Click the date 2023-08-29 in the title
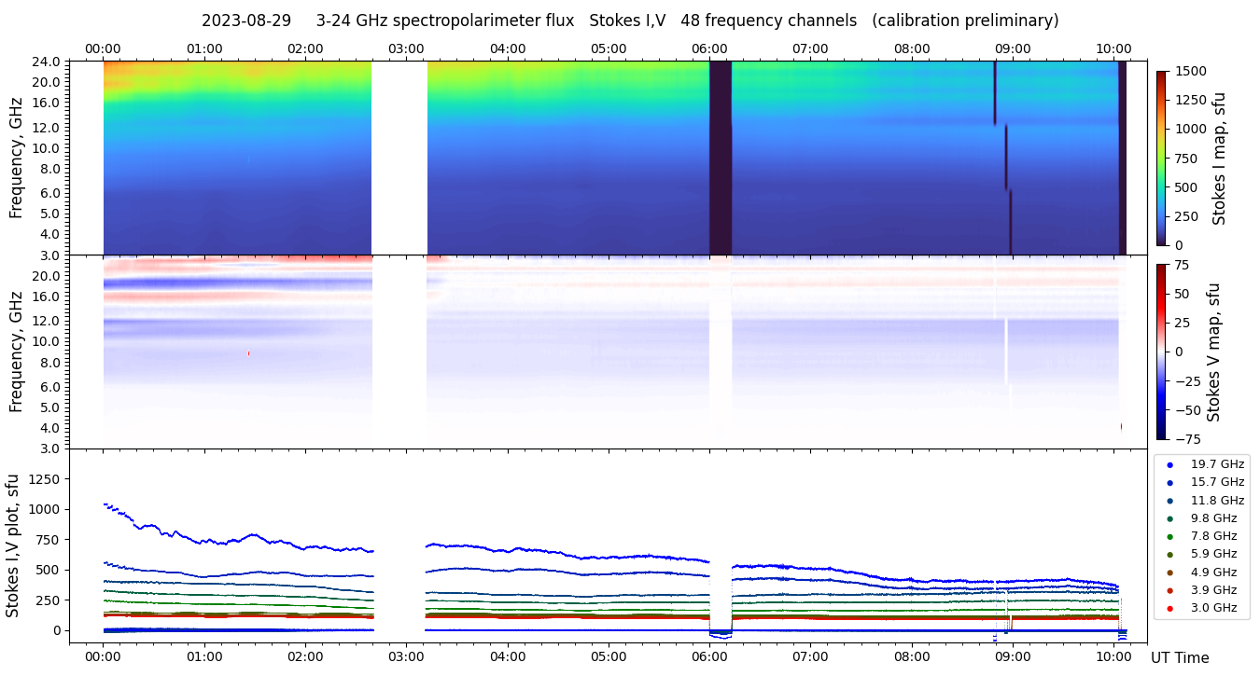[246, 21]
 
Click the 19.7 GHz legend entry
[1217, 464]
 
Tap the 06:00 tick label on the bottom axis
[709, 656]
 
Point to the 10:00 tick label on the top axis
[1113, 48]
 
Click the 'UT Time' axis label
[1180, 658]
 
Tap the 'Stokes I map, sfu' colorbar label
[1219, 159]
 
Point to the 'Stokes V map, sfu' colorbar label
[1213, 352]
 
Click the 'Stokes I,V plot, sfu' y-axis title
[13, 545]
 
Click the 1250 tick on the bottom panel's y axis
[45, 478]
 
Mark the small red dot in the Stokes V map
[248, 353]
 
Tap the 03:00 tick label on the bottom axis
[406, 656]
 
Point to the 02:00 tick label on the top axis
[305, 48]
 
